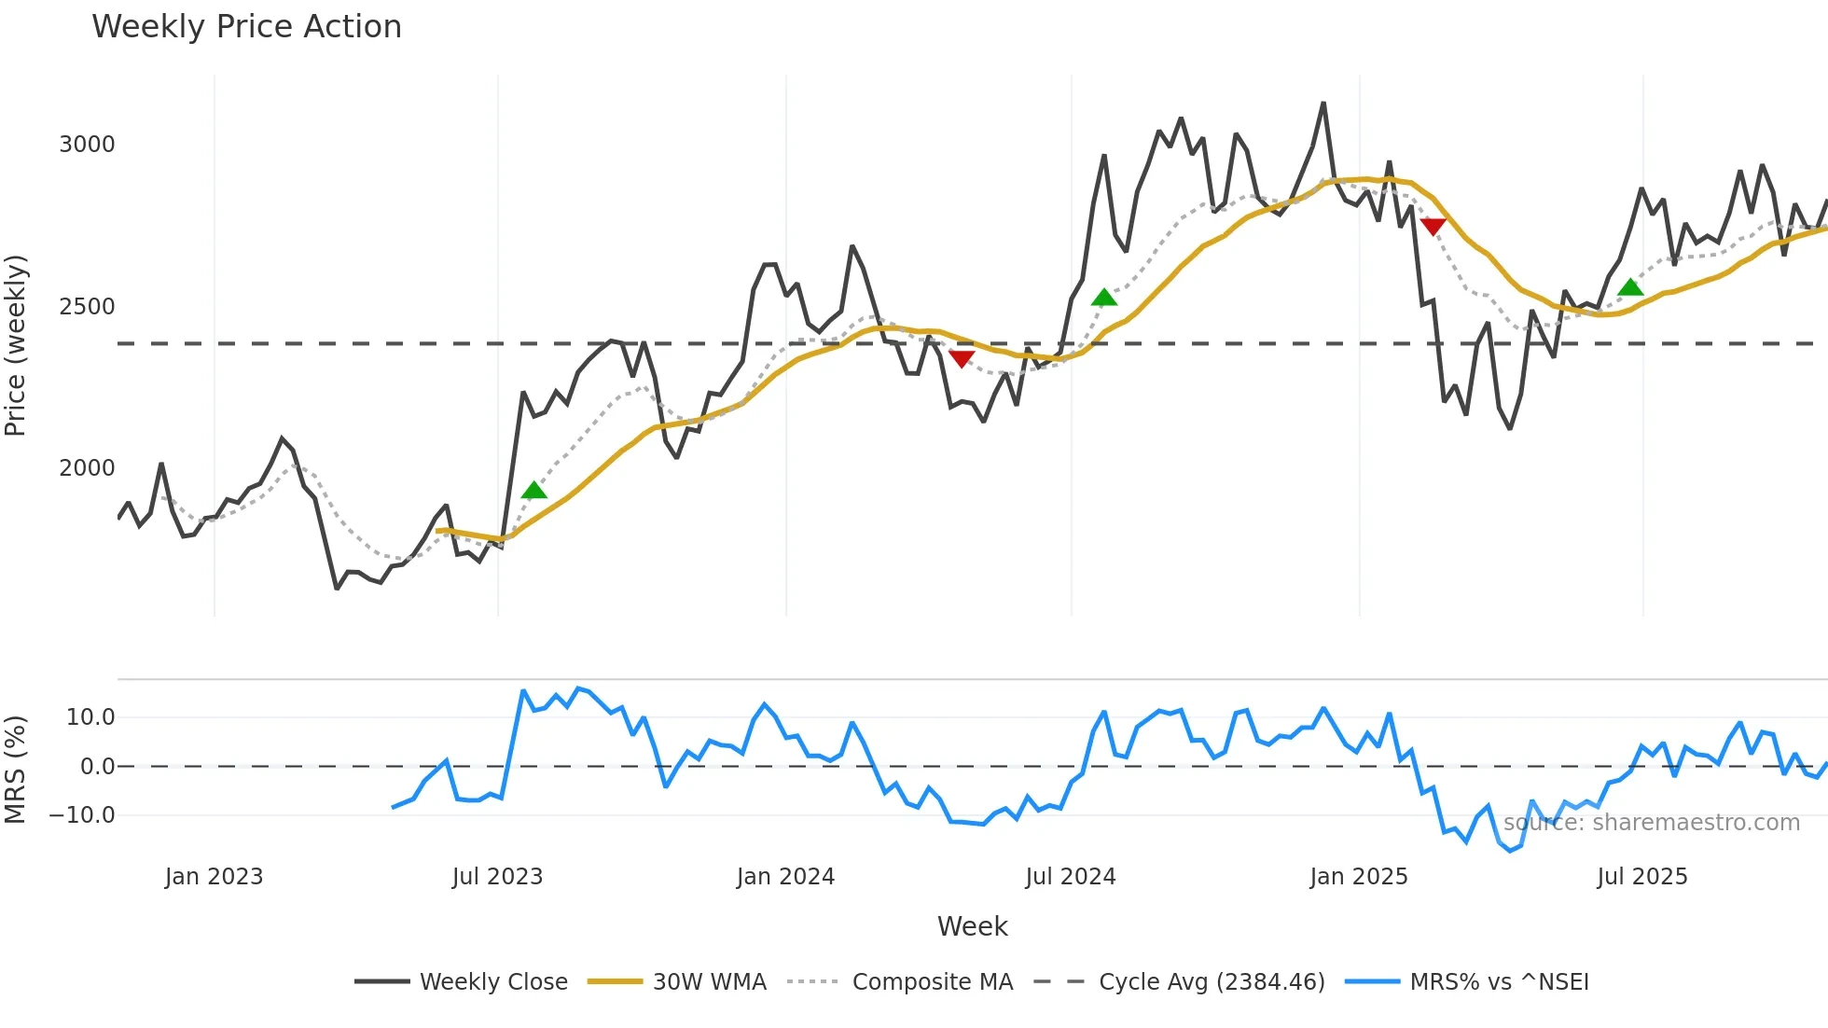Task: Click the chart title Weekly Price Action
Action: coord(246,27)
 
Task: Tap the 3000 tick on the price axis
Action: coord(87,145)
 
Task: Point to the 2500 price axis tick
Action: coord(87,307)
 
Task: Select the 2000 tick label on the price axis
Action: coord(87,468)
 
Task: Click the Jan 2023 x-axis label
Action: coord(214,877)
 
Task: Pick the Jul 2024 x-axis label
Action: coord(1070,877)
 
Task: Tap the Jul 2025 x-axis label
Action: coord(1641,877)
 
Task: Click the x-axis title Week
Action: coord(972,926)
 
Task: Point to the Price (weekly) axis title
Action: coord(16,345)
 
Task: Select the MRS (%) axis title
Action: coord(16,770)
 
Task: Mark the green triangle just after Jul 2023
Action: coord(533,491)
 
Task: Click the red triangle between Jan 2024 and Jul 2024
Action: coord(961,358)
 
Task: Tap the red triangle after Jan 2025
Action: coord(1433,227)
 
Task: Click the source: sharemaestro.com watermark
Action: coord(1651,823)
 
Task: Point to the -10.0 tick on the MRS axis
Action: coord(82,815)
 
